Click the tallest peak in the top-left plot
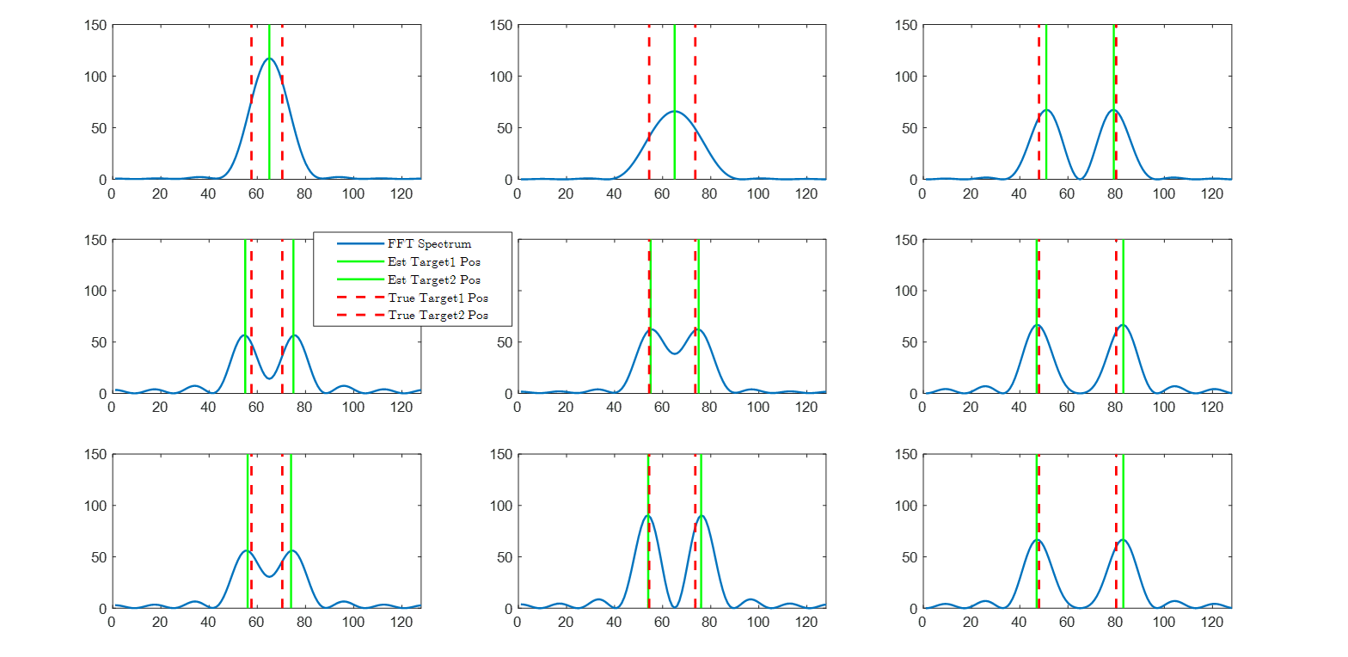point(269,58)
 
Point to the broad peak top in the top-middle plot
point(674,111)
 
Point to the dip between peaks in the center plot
point(674,353)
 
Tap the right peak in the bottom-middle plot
point(702,516)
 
